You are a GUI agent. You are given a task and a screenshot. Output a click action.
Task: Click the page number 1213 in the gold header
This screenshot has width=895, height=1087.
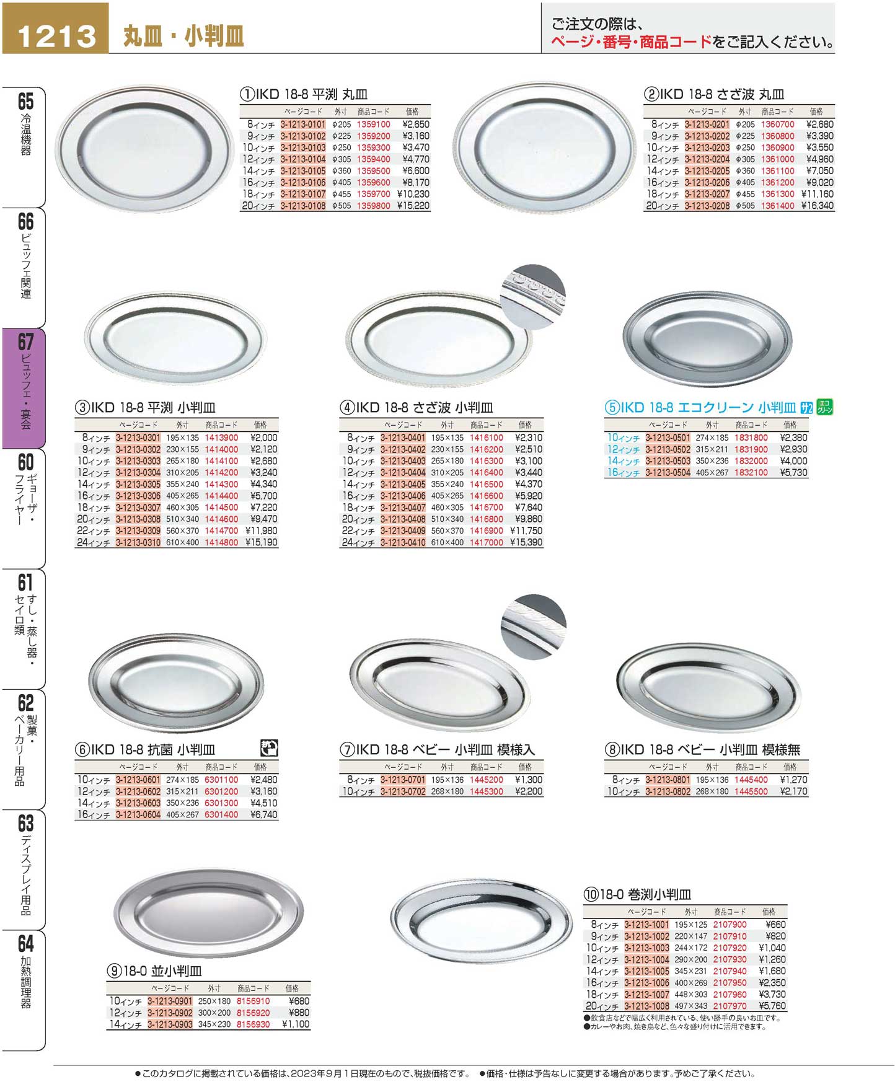[x=56, y=37]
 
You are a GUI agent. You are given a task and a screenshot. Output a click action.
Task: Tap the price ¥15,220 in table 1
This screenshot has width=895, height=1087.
[x=413, y=206]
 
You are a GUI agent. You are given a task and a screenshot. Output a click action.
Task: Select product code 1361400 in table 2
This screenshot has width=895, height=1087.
[x=777, y=206]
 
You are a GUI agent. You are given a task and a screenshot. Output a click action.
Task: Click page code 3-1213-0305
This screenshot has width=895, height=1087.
[x=138, y=484]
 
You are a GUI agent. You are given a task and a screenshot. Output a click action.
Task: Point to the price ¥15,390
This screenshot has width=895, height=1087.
[x=526, y=542]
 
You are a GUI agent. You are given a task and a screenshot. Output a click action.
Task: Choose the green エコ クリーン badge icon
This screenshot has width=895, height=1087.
[x=824, y=407]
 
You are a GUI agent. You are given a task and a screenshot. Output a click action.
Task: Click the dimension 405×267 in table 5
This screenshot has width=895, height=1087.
[x=712, y=472]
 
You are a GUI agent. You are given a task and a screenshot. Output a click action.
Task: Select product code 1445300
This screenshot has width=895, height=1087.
[x=486, y=791]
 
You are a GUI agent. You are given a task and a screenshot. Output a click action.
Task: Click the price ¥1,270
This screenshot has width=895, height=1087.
[x=793, y=780]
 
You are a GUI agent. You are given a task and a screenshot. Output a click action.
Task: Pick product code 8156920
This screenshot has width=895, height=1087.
[x=253, y=1013]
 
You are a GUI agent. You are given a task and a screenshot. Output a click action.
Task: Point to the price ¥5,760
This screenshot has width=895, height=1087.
[x=772, y=1006]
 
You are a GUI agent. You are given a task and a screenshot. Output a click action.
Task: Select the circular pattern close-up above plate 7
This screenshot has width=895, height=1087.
[x=533, y=630]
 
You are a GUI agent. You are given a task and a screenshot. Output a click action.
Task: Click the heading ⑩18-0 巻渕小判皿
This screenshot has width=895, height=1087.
[x=637, y=894]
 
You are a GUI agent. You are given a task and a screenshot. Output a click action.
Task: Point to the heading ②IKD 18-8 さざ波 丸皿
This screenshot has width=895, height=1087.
[x=714, y=94]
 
